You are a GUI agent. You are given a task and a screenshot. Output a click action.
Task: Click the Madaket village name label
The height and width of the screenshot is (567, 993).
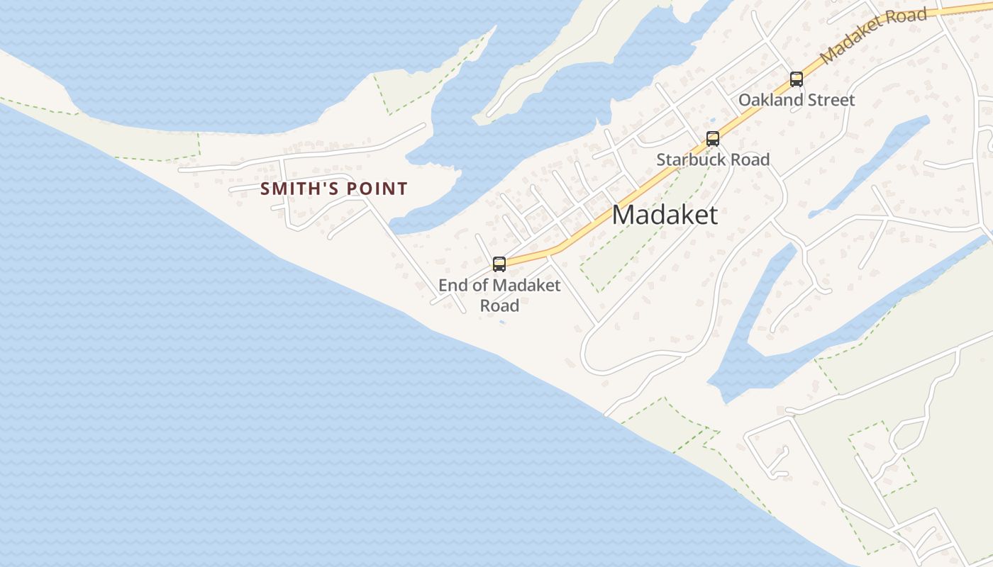pyautogui.click(x=665, y=215)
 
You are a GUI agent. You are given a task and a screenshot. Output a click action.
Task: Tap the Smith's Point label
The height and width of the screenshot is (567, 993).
pyautogui.click(x=334, y=189)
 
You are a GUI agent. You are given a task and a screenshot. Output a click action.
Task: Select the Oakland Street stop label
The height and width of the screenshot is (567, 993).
pyautogui.click(x=797, y=100)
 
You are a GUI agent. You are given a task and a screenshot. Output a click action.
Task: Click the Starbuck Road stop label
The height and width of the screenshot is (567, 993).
pyautogui.click(x=713, y=159)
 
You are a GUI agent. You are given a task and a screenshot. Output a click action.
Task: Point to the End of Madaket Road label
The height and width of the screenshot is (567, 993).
pyautogui.click(x=499, y=295)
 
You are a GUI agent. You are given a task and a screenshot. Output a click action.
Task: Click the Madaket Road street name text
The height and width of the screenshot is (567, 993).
pyautogui.click(x=873, y=35)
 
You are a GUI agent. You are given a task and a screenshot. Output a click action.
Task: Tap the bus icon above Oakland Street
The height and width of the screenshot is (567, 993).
pyautogui.click(x=797, y=79)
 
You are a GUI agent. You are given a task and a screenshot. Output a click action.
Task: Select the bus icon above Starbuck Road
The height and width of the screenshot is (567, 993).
pyautogui.click(x=713, y=139)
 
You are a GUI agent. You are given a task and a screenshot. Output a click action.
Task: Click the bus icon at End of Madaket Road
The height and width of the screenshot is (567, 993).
pyautogui.click(x=499, y=264)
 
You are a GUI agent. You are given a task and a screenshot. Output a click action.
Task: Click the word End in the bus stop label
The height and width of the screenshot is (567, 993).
pyautogui.click(x=453, y=286)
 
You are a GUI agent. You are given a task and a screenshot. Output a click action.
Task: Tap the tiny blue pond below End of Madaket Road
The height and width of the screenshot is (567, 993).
pyautogui.click(x=502, y=323)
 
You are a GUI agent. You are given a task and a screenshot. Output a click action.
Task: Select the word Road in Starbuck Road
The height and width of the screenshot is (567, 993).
pyautogui.click(x=746, y=159)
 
